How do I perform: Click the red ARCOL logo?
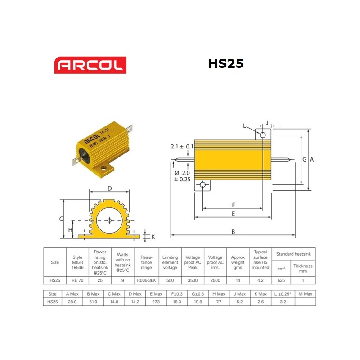pyautogui.click(x=90, y=65)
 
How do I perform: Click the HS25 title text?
pyautogui.click(x=225, y=63)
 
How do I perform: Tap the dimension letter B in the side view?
pyautogui.click(x=233, y=232)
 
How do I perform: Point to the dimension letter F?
pyautogui.click(x=233, y=205)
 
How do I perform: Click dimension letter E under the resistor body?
pyautogui.click(x=233, y=214)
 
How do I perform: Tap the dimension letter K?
pyautogui.click(x=153, y=236)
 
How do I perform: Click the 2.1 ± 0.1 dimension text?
pyautogui.click(x=182, y=147)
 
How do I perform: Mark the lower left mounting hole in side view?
pyautogui.click(x=202, y=184)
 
